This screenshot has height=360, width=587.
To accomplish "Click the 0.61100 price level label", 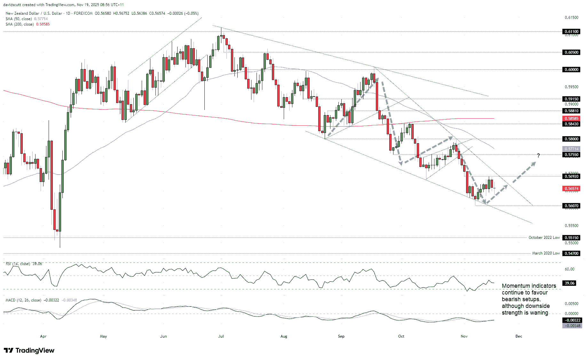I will click(x=571, y=32).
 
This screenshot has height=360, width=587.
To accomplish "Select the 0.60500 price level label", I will click(x=571, y=52).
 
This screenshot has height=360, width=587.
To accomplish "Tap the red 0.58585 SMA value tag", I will click(x=571, y=118).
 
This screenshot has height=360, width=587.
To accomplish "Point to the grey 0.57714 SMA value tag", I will click(x=571, y=149).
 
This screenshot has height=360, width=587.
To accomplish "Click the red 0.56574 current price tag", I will click(x=571, y=189).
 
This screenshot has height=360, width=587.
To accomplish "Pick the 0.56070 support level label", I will click(x=571, y=206).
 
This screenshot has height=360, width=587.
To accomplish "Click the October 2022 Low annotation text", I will click(x=544, y=238).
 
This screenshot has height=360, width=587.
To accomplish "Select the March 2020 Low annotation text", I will click(x=546, y=253).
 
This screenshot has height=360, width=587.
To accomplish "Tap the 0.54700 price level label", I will click(x=571, y=254).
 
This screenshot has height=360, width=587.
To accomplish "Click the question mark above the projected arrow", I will click(x=538, y=156).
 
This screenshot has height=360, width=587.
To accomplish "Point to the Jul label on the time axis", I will click(x=221, y=336).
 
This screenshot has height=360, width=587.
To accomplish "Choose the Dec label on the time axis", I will click(x=519, y=336).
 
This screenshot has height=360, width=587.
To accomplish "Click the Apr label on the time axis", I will click(x=43, y=336).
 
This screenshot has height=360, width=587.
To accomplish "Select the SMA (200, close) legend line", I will click(x=28, y=24).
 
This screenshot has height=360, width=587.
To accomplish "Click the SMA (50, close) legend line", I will click(x=27, y=19).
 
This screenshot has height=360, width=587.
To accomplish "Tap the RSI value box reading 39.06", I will click(x=569, y=283).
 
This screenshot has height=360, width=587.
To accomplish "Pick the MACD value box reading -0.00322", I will click(x=572, y=320).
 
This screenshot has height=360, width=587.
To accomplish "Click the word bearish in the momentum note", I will click(x=511, y=300).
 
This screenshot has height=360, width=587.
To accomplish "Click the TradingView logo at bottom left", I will click(x=29, y=350).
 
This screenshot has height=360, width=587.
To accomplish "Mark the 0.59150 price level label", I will click(x=571, y=99).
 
